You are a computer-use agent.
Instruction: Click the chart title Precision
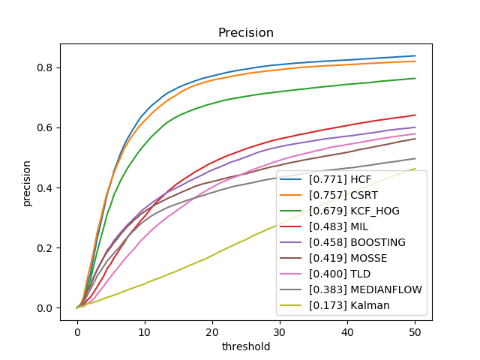coord(245,33)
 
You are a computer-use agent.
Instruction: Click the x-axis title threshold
coord(245,347)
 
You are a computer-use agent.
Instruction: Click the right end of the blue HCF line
coord(415,55)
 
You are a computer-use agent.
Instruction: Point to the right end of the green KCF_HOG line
coord(415,78)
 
